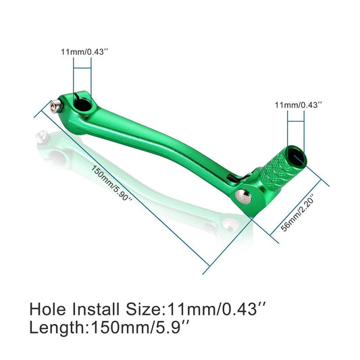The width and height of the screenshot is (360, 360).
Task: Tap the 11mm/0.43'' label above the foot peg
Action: pos(299,105)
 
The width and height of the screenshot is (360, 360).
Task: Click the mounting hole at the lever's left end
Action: pos(84,103)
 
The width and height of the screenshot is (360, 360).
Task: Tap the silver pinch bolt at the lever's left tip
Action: pos(53,104)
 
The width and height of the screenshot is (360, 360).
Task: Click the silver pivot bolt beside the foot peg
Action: pos(241,196)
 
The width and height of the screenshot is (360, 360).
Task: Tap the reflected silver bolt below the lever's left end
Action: pos(41,138)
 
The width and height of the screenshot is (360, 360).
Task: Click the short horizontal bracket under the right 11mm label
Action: pos(298,121)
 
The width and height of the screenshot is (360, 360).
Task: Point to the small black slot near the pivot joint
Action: pos(231,178)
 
